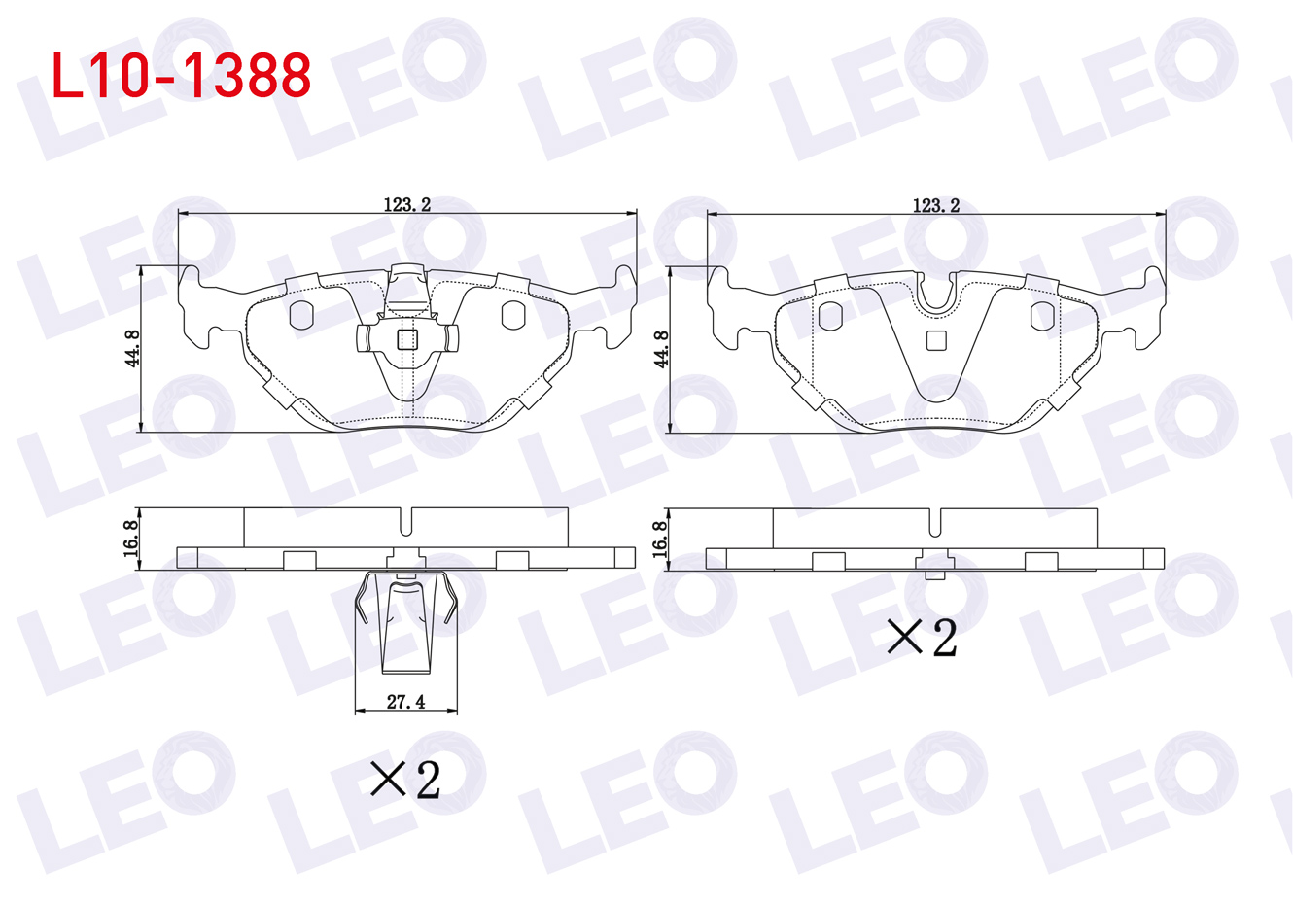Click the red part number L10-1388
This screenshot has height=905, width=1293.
click(181, 75)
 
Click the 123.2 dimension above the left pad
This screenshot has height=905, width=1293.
click(407, 205)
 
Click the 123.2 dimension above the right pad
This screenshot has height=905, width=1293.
click(935, 205)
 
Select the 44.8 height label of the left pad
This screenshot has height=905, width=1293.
click(132, 349)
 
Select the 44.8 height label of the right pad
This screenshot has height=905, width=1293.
click(661, 349)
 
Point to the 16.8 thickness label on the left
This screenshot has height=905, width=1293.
click(131, 539)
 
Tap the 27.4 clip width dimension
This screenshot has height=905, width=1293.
click(405, 702)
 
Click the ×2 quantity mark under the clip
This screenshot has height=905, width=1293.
click(405, 780)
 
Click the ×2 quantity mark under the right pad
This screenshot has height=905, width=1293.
click(922, 638)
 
